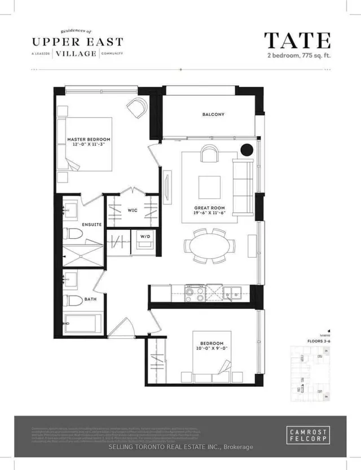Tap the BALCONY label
(x=213, y=115)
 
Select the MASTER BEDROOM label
(x=89, y=139)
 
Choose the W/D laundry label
(x=145, y=237)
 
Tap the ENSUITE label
(x=91, y=224)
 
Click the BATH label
(x=90, y=299)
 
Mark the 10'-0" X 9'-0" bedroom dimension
(x=212, y=350)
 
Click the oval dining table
(x=209, y=246)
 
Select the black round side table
(x=246, y=150)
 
